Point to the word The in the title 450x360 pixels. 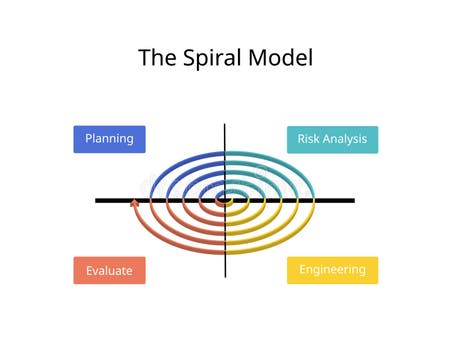coord(156,58)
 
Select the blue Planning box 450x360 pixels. coord(109,139)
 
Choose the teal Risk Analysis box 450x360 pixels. coord(332,139)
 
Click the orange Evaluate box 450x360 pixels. coord(109,270)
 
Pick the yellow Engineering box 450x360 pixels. coord(332,270)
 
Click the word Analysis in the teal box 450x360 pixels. coord(345,139)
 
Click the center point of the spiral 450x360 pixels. coord(225,200)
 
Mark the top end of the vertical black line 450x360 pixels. coord(225,125)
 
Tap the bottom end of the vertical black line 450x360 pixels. coord(225,277)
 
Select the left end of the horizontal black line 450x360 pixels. coord(97,200)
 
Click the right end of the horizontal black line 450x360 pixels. coord(354,200)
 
